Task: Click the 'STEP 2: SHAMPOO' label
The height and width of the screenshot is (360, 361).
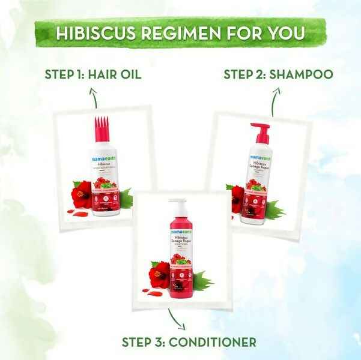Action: (270, 74)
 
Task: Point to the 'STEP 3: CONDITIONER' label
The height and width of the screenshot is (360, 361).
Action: (189, 342)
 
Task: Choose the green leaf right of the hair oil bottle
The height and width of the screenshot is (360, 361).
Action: (126, 197)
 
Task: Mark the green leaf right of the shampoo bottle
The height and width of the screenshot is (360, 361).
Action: (276, 209)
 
